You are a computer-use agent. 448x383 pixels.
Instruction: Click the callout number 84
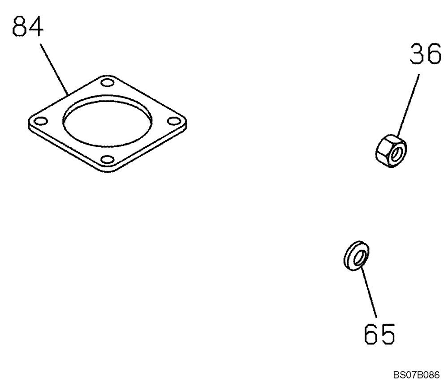coord(28,28)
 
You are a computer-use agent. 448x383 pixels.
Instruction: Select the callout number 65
coord(379,333)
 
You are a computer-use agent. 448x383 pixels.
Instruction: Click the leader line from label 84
coord(55,67)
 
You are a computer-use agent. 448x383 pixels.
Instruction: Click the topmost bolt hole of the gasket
coord(107,82)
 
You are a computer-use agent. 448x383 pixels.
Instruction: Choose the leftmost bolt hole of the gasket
coord(40,120)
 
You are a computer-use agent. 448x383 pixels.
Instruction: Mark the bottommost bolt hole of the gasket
coord(107,159)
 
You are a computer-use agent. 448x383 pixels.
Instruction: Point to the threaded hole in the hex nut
coord(396,154)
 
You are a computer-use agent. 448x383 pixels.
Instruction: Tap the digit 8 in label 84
coord(19,28)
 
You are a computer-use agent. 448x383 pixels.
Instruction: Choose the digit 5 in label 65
coord(388,333)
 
